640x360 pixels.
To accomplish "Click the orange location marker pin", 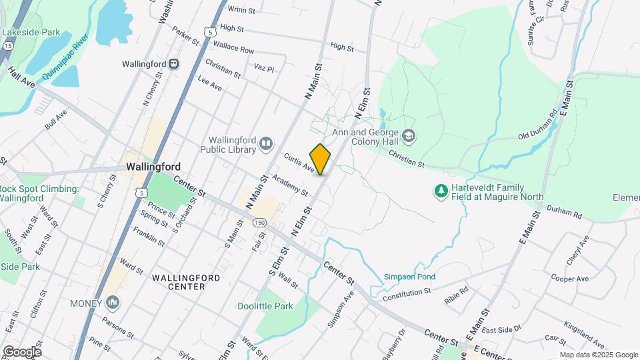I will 320,159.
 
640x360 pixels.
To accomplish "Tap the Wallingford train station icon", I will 173,64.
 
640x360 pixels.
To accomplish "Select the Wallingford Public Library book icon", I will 267,143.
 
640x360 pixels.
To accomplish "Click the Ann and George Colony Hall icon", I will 409,137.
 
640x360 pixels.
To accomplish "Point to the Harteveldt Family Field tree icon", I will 440,192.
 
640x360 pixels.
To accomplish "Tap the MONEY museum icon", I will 113,303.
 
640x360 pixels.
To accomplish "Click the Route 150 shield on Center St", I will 259,222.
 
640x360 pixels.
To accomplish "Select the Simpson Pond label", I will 409,277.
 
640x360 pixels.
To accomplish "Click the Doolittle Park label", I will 265,307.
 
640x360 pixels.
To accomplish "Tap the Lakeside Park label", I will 31,32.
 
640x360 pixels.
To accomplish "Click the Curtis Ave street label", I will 298,163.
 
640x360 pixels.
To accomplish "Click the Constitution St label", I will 407,293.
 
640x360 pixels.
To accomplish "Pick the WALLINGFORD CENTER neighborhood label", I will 178,281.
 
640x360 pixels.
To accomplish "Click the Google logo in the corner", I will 22,351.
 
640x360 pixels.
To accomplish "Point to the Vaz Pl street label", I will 264,69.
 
